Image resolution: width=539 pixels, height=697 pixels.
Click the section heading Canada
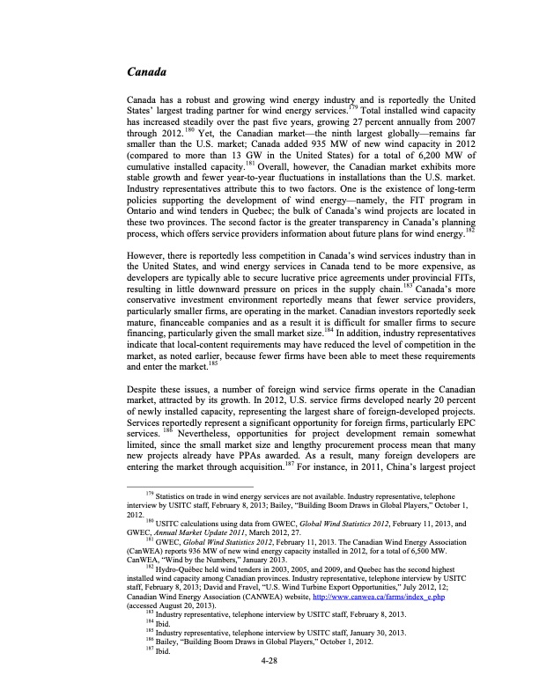tap(147, 69)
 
